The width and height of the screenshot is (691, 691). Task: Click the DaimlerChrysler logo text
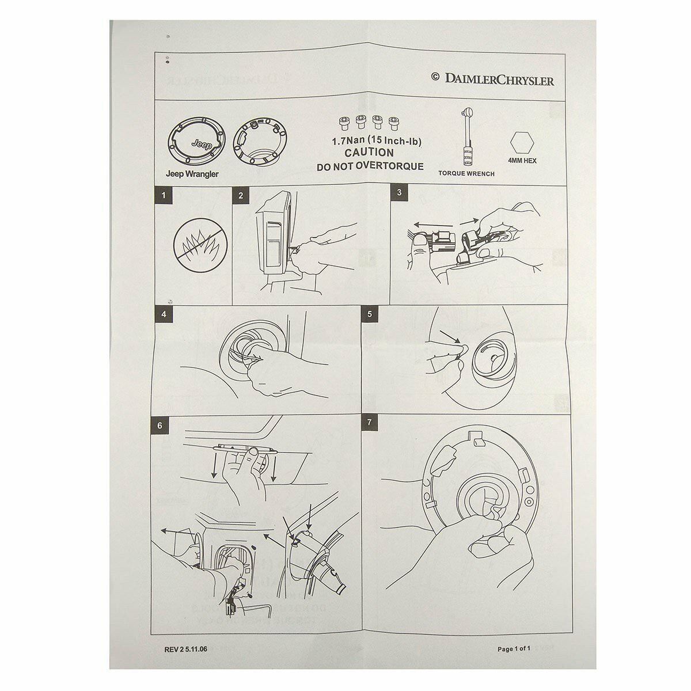[499, 79]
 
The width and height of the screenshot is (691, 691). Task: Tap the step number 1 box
[164, 195]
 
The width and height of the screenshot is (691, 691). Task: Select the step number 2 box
[241, 195]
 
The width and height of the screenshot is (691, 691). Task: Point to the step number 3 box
[399, 192]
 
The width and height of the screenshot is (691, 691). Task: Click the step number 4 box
[164, 314]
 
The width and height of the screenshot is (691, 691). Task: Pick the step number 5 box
[370, 314]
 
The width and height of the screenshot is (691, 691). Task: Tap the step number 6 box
[160, 426]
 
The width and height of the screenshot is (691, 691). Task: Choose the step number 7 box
[370, 423]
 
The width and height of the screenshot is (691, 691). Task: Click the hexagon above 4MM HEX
[522, 143]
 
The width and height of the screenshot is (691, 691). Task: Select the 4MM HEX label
[522, 161]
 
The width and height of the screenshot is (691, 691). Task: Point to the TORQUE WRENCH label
[466, 173]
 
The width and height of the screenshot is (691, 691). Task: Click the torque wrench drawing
[467, 136]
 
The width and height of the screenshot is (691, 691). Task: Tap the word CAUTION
[369, 153]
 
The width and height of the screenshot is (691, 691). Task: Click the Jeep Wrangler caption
[192, 174]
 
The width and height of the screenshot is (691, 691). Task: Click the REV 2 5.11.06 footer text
[186, 650]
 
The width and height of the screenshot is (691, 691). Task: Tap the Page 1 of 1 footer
[514, 649]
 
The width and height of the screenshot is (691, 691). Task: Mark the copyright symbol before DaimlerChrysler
[435, 77]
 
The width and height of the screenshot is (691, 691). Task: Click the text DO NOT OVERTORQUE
[370, 167]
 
